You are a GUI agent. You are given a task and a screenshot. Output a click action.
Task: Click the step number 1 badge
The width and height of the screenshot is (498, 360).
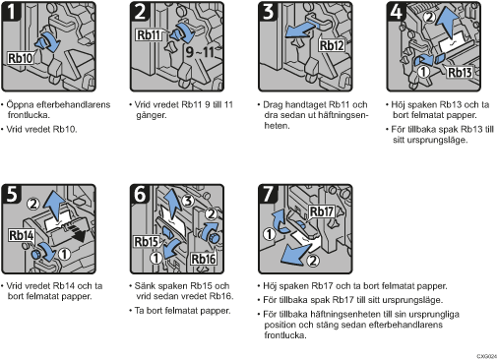pyautogui.click(x=11, y=12)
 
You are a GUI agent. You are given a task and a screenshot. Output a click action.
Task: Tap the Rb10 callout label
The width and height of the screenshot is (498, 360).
pyautogui.click(x=21, y=58)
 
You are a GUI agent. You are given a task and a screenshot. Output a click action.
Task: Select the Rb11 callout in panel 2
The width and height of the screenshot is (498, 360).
pyautogui.click(x=149, y=34)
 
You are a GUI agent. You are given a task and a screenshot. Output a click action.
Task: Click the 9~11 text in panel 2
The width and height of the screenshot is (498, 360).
pyautogui.click(x=200, y=52)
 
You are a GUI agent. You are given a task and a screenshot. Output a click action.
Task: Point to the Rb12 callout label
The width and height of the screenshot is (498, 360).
pyautogui.click(x=332, y=45)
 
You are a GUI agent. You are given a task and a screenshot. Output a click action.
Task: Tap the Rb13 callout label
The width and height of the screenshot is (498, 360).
pyautogui.click(x=460, y=72)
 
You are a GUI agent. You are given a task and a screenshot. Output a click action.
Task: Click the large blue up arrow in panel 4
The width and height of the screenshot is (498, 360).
pyautogui.click(x=451, y=22)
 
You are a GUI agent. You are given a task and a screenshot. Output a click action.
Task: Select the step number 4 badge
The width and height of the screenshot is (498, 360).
pyautogui.click(x=396, y=12)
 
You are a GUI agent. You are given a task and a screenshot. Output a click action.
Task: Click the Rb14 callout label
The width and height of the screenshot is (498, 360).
pyautogui.click(x=22, y=235)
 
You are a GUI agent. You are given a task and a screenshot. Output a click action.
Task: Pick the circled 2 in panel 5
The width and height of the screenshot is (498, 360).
pyautogui.click(x=32, y=204)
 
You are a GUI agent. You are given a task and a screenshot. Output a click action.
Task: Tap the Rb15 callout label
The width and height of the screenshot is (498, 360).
pyautogui.click(x=147, y=242)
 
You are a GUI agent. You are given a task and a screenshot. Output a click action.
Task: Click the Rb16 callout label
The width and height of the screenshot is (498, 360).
pyautogui.click(x=203, y=259)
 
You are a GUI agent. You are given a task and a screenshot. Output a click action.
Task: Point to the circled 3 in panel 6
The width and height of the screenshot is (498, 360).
pyautogui.click(x=187, y=201)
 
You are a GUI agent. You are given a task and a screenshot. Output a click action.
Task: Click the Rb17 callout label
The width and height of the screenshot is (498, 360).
pyautogui.click(x=322, y=211)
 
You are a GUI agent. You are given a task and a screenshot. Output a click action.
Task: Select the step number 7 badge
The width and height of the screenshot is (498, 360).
pyautogui.click(x=268, y=194)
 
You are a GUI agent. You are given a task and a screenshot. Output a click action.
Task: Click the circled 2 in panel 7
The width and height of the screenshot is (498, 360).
pyautogui.click(x=313, y=261)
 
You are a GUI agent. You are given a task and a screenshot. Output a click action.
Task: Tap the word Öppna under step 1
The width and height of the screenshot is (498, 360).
pyautogui.click(x=20, y=105)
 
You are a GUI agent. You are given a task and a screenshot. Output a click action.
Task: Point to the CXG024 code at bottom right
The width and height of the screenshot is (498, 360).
pyautogui.click(x=487, y=356)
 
